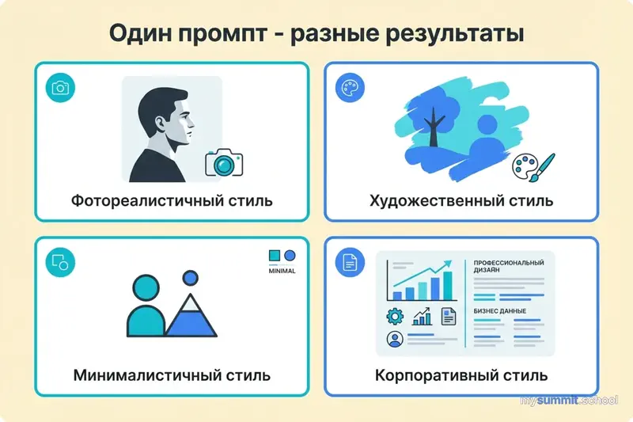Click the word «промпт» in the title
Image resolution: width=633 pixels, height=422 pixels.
click(228, 36)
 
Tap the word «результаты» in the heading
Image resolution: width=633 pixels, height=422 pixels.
click(453, 36)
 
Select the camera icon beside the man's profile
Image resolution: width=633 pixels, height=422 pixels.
click(224, 162)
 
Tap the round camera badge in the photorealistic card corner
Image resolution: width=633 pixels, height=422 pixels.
click(59, 87)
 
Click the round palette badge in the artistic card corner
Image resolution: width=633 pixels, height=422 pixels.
click(347, 87)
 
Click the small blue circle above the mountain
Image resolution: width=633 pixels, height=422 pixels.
click(190, 278)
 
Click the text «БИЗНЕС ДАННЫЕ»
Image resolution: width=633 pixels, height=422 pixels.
click(501, 309)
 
